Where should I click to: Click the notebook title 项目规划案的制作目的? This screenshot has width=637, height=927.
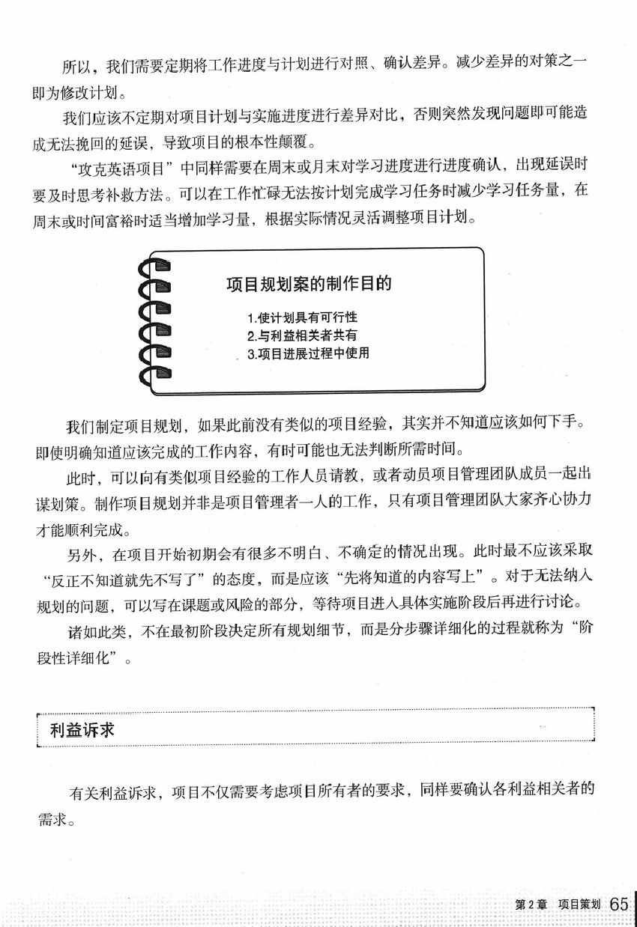click(x=310, y=285)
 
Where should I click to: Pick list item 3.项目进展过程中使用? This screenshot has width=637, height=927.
click(x=307, y=353)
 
